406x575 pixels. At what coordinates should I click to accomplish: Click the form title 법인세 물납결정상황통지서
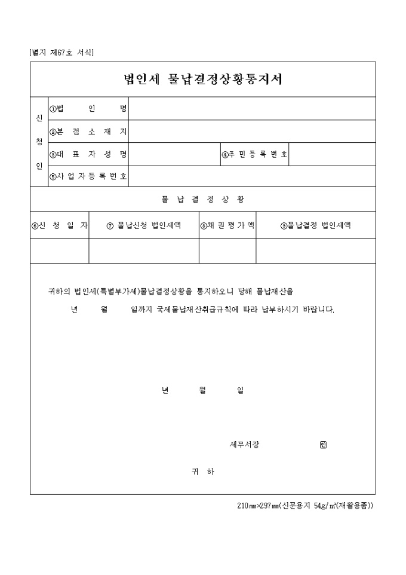(202, 79)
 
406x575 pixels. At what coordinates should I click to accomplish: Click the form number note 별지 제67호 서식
(61, 53)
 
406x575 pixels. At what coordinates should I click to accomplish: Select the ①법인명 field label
(88, 109)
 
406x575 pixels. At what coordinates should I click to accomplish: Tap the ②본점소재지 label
(88, 131)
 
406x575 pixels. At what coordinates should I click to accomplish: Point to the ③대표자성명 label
(88, 154)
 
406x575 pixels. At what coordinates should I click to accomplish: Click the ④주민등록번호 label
(255, 154)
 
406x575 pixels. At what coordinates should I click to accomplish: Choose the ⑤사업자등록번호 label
(88, 176)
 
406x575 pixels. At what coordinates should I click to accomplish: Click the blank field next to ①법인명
(252, 109)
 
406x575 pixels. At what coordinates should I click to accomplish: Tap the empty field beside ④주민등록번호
(332, 154)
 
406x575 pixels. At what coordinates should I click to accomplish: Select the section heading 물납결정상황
(202, 199)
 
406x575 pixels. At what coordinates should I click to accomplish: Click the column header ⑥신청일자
(60, 225)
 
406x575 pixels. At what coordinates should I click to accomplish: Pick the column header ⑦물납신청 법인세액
(144, 225)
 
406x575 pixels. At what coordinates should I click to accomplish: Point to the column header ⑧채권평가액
(227, 225)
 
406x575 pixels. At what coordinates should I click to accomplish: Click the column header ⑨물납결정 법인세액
(316, 225)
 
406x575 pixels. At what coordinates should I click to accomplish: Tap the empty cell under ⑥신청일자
(60, 251)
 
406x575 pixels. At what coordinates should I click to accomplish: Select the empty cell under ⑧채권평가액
(227, 251)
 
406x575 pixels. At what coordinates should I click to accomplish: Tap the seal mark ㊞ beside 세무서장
(323, 445)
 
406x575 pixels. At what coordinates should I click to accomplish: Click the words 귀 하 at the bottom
(202, 472)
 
